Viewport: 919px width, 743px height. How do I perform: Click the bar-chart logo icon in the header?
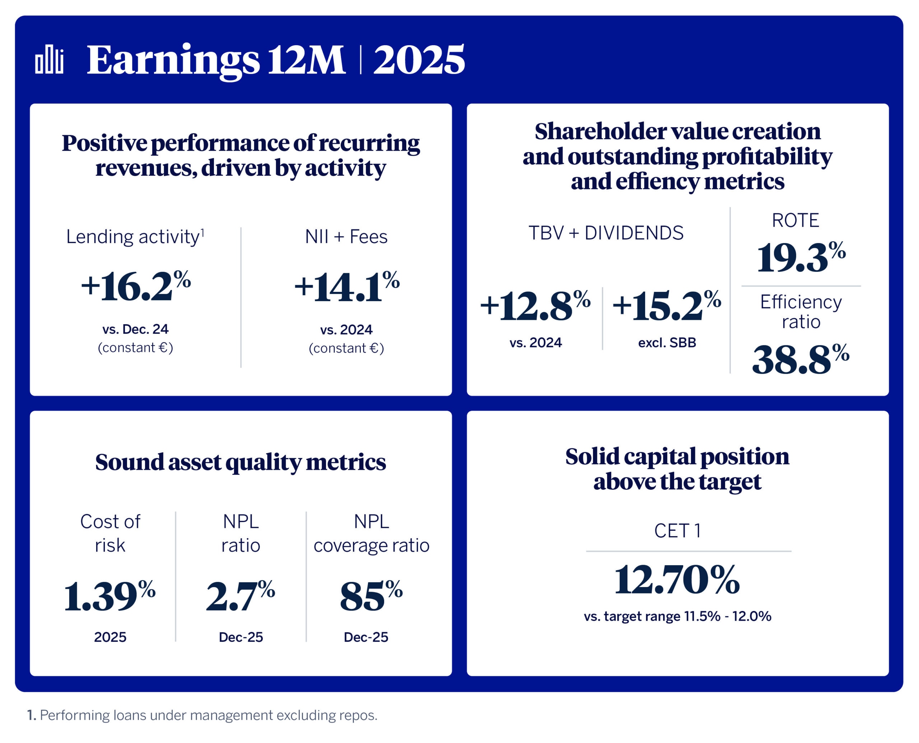click(x=49, y=59)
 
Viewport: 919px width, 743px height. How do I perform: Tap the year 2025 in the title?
click(x=419, y=60)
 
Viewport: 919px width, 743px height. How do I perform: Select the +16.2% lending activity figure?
click(x=135, y=286)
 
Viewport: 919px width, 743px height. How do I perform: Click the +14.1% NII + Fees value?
click(x=346, y=286)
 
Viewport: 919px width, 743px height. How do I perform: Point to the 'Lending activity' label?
click(x=135, y=237)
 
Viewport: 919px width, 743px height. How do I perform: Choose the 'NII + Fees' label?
click(x=346, y=237)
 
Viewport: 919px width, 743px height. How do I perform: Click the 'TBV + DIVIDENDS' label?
click(x=606, y=233)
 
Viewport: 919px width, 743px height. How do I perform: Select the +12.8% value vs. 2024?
click(x=535, y=306)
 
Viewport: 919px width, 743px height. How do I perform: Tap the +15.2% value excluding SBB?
click(x=666, y=306)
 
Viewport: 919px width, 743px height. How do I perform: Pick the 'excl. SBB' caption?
click(x=667, y=343)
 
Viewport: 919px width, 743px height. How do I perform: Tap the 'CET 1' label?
click(x=677, y=531)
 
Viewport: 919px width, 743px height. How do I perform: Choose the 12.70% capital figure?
click(x=677, y=579)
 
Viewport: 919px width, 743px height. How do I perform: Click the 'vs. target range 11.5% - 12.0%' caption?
click(x=677, y=616)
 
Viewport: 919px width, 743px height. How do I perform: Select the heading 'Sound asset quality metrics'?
click(x=241, y=462)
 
